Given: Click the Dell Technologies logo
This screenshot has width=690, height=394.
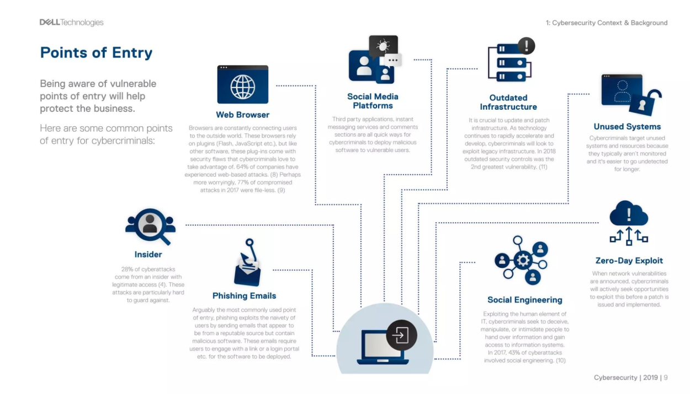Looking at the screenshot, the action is pyautogui.click(x=71, y=23).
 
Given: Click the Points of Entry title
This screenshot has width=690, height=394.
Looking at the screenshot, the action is pyautogui.click(x=96, y=52).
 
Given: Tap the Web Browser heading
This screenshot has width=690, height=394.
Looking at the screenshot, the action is pyautogui.click(x=243, y=115).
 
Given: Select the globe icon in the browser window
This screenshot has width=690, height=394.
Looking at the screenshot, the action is pyautogui.click(x=243, y=87).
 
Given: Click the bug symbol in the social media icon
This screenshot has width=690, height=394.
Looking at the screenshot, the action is pyautogui.click(x=383, y=46).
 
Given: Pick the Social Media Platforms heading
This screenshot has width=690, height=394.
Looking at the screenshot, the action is pyautogui.click(x=373, y=101).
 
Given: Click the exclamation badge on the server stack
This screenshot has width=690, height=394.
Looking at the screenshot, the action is pyautogui.click(x=527, y=46).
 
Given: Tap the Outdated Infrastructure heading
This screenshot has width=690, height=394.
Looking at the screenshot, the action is pyautogui.click(x=508, y=102).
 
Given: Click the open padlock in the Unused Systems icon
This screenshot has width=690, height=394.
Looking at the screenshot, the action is pyautogui.click(x=644, y=103).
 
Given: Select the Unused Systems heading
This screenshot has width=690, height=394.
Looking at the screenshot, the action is pyautogui.click(x=627, y=126).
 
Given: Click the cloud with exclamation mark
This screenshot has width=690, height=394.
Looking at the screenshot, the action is pyautogui.click(x=629, y=213).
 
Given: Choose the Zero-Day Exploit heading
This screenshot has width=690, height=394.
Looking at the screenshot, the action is pyautogui.click(x=629, y=261).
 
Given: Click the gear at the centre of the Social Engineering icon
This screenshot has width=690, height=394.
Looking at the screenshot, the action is pyautogui.click(x=523, y=261).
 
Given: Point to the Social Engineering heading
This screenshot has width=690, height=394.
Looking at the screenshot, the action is pyautogui.click(x=525, y=300).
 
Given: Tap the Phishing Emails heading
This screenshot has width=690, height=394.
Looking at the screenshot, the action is pyautogui.click(x=245, y=295).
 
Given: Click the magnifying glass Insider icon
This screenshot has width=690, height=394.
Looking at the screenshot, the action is pyautogui.click(x=150, y=226).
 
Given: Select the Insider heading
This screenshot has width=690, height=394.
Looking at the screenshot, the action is pyautogui.click(x=148, y=255).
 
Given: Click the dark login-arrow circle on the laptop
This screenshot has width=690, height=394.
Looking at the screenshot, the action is pyautogui.click(x=402, y=335).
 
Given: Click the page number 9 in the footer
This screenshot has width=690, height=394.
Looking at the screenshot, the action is pyautogui.click(x=666, y=377).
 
